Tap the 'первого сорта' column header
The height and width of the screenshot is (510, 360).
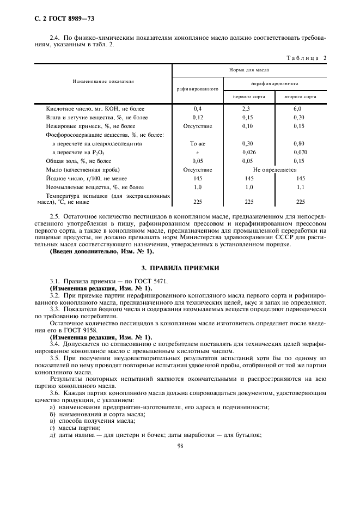click(x=249, y=96)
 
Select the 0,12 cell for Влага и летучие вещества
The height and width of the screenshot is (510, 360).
click(x=198, y=118)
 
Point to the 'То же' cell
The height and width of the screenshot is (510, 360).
click(x=198, y=143)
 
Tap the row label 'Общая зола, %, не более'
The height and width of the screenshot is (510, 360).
click(x=78, y=161)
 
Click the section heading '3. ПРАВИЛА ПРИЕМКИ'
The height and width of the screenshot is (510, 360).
click(x=180, y=268)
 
